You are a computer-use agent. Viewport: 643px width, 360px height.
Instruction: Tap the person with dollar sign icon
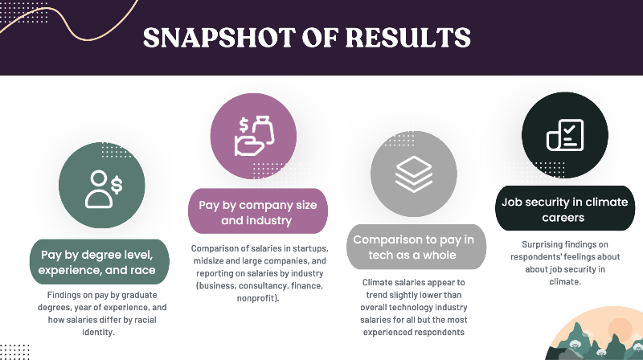point(102,187)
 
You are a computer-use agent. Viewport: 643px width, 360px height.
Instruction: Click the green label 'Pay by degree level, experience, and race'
point(100,263)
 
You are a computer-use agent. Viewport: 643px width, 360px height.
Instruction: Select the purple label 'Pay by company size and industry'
point(258,211)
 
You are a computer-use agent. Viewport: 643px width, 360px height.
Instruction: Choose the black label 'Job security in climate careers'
point(564,209)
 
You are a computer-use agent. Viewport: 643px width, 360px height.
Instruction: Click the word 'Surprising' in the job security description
point(538,243)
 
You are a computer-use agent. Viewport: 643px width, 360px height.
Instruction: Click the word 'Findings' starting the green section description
point(66,295)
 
